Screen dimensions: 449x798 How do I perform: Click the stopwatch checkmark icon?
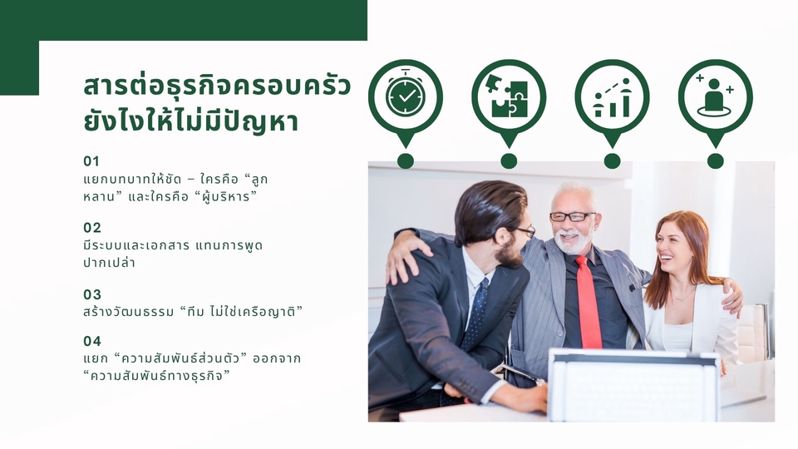[405, 96]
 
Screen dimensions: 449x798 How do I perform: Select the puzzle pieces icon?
[508, 96]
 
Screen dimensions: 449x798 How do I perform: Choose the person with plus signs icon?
[715, 96]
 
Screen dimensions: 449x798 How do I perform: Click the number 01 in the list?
[91, 160]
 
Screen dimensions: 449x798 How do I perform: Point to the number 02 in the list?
[92, 227]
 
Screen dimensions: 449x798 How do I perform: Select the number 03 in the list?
[92, 294]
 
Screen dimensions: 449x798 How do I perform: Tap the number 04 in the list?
[92, 341]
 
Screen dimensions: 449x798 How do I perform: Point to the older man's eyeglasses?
[572, 217]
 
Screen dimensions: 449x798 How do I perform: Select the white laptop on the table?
[633, 386]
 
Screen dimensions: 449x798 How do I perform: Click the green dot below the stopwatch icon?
[405, 160]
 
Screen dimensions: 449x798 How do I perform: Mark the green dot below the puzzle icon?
[509, 160]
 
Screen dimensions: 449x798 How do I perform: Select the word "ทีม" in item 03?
[197, 312]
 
